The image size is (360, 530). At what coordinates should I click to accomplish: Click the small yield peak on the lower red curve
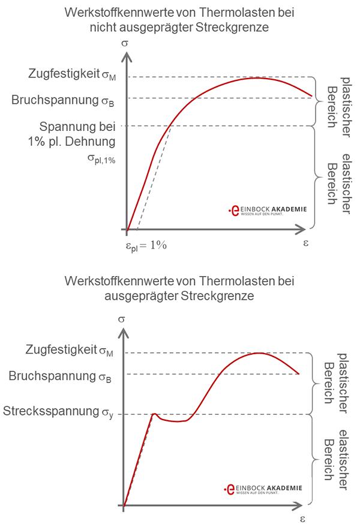point(154,414)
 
